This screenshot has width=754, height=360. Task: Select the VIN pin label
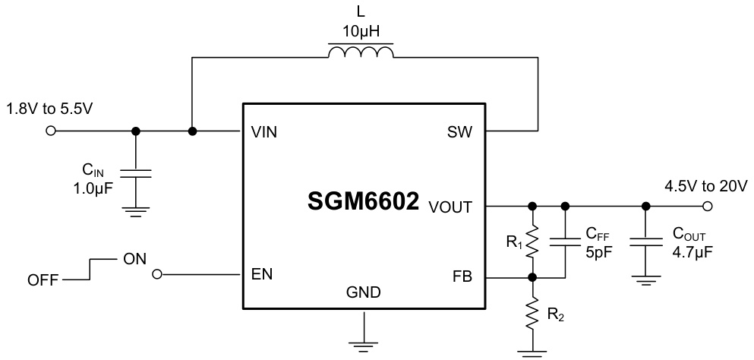(x=263, y=132)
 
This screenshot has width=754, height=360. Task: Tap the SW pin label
(x=460, y=132)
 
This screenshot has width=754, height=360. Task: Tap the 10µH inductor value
(x=361, y=32)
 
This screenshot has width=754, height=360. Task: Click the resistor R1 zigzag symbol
(x=533, y=242)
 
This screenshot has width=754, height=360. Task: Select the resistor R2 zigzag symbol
(x=533, y=314)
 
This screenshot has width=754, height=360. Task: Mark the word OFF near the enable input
(x=43, y=281)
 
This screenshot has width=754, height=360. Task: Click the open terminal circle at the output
(x=708, y=206)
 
